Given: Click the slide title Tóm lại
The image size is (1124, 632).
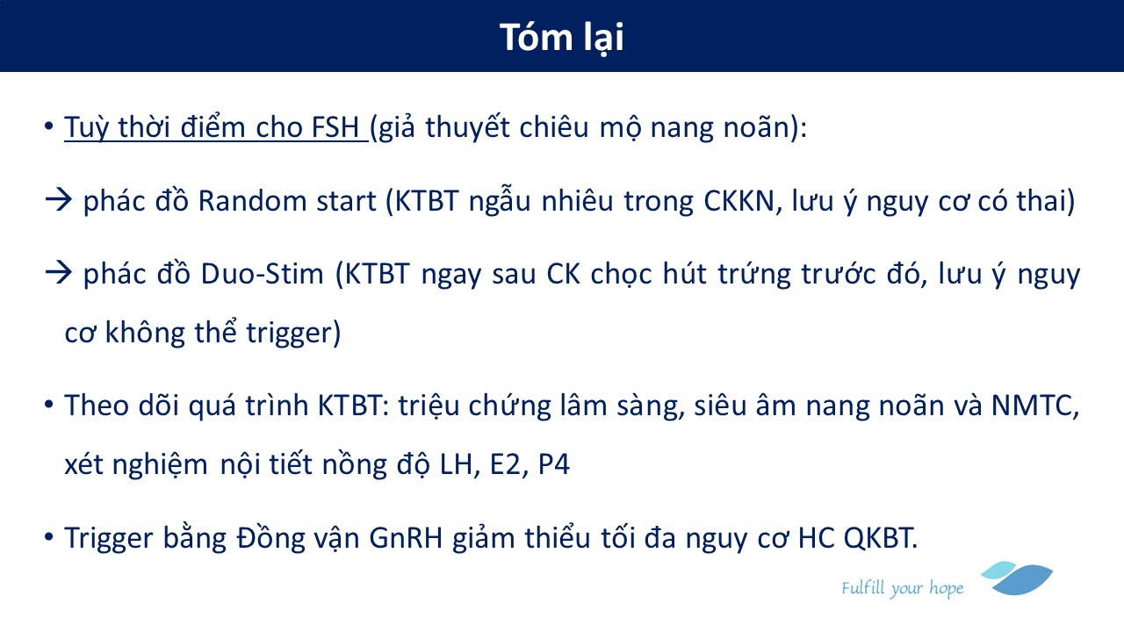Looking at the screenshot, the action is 561,38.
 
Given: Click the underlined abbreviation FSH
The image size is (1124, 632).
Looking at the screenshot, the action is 335,127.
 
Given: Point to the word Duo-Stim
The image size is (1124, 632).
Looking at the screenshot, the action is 262,274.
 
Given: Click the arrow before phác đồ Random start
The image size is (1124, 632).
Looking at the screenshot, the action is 59,200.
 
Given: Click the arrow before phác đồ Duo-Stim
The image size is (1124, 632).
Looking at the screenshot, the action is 59,273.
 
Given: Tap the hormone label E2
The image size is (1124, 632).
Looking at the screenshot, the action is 505,464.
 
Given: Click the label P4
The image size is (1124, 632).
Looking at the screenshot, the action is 554,464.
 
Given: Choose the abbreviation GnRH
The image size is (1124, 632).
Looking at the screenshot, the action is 406,538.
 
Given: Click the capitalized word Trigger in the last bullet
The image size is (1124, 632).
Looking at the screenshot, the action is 108,539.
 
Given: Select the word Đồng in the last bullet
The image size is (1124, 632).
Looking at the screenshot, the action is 271,538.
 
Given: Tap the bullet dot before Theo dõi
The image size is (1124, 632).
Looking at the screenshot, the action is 48,405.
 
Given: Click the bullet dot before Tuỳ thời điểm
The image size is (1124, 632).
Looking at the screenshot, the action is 48,126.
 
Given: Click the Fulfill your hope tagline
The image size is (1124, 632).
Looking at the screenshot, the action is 902,588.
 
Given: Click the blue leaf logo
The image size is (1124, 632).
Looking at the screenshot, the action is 1018,578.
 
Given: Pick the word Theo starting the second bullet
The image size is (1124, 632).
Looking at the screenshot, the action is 97,406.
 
